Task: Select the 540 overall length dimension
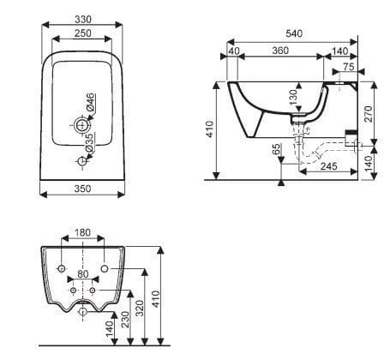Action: [295, 35]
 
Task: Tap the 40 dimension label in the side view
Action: [234, 51]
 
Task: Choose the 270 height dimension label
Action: [369, 113]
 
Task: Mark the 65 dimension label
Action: [276, 149]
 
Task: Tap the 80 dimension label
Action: [82, 275]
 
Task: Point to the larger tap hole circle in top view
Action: [82, 126]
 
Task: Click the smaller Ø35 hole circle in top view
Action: [82, 160]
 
